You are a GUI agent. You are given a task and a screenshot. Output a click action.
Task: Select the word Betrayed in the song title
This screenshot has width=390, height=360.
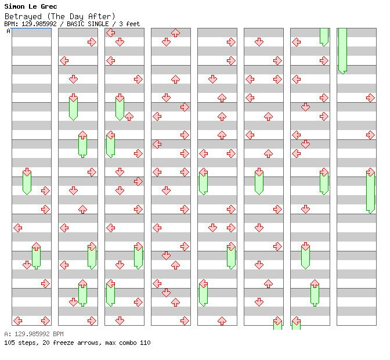[x=23, y=17]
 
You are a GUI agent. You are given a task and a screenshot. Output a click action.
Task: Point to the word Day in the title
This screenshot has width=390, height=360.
[x=77, y=17]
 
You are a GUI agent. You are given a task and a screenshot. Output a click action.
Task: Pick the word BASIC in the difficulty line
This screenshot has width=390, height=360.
[x=75, y=24]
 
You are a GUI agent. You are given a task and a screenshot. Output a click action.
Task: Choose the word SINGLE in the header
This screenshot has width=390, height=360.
[x=98, y=24]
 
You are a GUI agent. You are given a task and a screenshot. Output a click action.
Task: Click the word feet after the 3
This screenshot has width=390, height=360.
[x=133, y=24]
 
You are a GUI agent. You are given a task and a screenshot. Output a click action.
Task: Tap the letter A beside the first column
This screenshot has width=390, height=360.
[x=9, y=31]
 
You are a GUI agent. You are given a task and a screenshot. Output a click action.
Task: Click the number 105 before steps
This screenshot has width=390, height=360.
[x=9, y=343]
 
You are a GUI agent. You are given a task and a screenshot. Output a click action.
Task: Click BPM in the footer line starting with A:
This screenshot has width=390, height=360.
[x=58, y=334]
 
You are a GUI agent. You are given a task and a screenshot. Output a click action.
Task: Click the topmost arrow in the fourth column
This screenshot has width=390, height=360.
[x=176, y=33]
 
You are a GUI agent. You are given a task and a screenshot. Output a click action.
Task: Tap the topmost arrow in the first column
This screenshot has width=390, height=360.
[x=27, y=172]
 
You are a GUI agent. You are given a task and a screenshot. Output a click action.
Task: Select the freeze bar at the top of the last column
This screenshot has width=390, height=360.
[x=343, y=51]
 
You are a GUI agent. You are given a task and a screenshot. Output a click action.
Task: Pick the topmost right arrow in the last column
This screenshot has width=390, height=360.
[x=371, y=98]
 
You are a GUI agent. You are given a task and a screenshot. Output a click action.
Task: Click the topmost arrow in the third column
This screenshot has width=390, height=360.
[x=111, y=33]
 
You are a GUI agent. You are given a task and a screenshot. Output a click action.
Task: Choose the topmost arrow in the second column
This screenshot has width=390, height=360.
[x=92, y=42]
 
